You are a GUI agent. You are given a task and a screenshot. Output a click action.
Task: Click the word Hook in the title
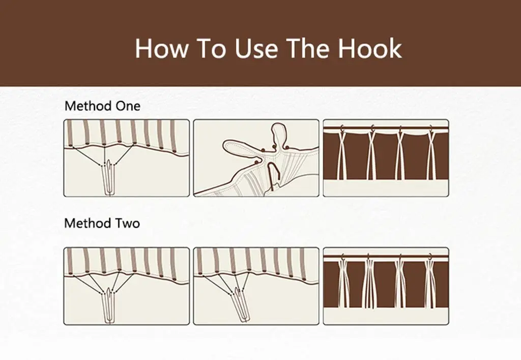tap(370, 48)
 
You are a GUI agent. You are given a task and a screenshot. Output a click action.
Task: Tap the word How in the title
tap(161, 48)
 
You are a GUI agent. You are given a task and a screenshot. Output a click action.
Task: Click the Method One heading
tap(102, 106)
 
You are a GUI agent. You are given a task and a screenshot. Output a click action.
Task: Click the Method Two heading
tap(102, 223)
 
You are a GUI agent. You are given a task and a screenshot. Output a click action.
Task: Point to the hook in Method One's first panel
tap(109, 178)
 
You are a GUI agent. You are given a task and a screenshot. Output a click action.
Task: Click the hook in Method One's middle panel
tap(274, 176)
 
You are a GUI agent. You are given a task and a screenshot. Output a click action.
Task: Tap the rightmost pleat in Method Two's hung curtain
tap(430, 283)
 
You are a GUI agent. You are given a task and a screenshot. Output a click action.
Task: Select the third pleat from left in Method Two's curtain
tap(400, 283)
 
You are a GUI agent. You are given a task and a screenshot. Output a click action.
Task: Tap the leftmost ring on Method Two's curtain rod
tap(343, 257)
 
